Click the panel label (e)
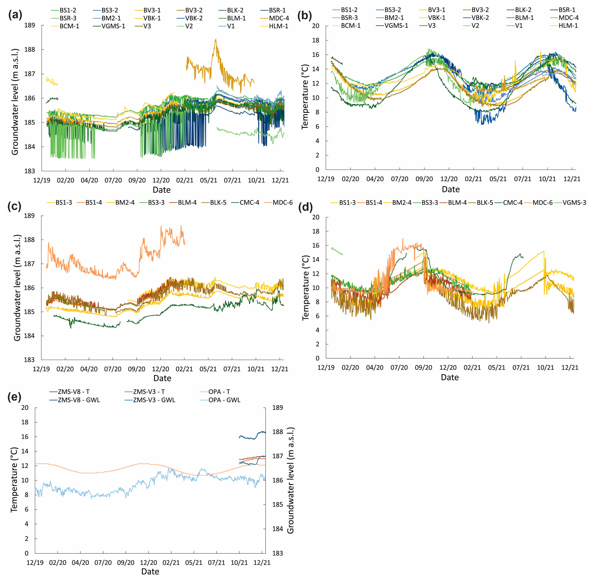pyautogui.click(x=14, y=397)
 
